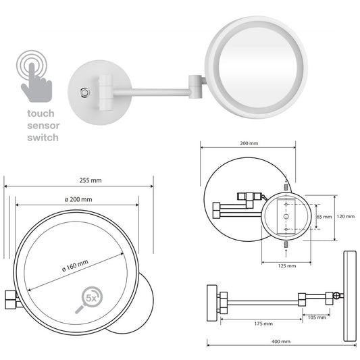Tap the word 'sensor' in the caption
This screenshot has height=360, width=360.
click(x=43, y=126)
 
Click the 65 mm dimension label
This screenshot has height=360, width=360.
click(x=324, y=217)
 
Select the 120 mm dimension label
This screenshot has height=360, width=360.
click(x=345, y=217)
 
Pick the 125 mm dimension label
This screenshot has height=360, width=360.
click(x=287, y=265)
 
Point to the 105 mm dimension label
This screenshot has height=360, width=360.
click(x=316, y=317)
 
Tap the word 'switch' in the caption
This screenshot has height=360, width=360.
click(x=43, y=137)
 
